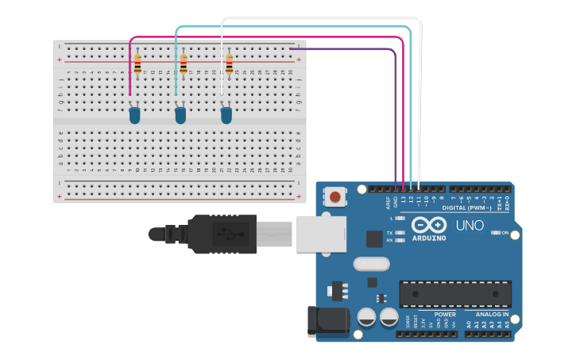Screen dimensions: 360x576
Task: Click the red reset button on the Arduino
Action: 336,196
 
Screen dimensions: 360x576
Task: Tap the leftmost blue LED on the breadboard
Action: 134,116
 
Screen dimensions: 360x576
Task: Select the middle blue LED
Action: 180,116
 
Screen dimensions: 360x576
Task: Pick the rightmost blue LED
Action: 226,116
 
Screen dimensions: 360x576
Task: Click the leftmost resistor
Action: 137,64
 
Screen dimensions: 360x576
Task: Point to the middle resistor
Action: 184,64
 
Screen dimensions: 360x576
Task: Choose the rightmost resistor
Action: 230,64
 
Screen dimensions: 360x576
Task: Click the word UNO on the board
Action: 470,226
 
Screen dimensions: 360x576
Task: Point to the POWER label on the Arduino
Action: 445,315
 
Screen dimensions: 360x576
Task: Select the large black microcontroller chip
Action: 454,293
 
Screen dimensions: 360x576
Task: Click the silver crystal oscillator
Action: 369,264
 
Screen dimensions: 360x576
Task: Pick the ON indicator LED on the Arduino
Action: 496,232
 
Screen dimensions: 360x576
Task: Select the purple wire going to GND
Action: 395,119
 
